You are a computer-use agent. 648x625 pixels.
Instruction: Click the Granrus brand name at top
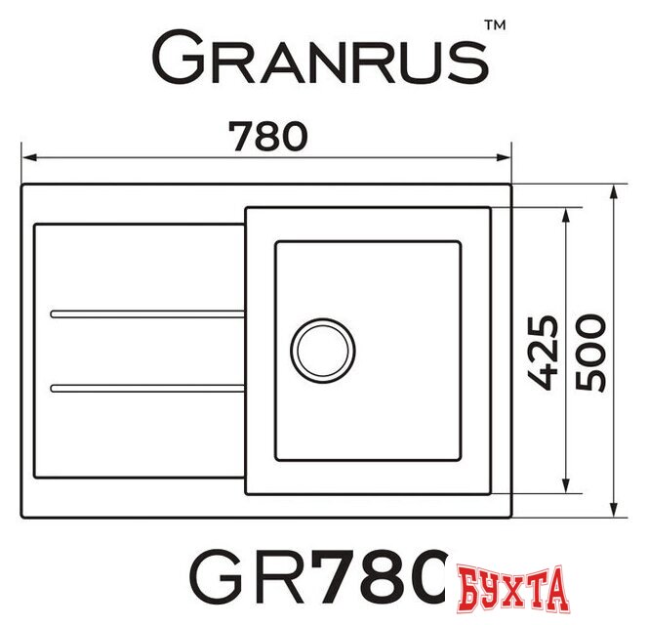coord(320,61)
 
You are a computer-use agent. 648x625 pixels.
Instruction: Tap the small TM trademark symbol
coord(495,30)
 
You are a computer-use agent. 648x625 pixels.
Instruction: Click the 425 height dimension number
coord(546,353)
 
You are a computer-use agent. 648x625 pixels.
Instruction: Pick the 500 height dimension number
coord(591,353)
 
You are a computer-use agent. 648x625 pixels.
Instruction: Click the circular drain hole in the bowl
coord(323,350)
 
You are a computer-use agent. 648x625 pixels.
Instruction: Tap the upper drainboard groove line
coord(146,313)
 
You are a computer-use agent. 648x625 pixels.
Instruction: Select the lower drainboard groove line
coord(146,389)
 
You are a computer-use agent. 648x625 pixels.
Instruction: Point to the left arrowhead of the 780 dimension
coord(29,156)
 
